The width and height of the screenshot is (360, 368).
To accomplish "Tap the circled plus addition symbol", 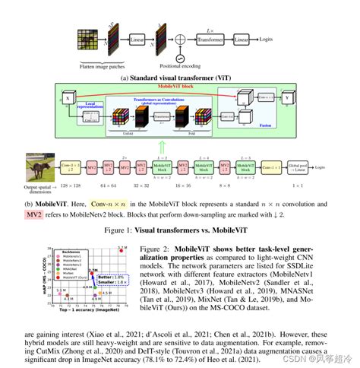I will point(179,59).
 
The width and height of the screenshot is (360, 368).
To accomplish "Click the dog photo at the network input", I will point(40,167).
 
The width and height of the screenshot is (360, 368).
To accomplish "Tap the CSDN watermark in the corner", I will point(319,359).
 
